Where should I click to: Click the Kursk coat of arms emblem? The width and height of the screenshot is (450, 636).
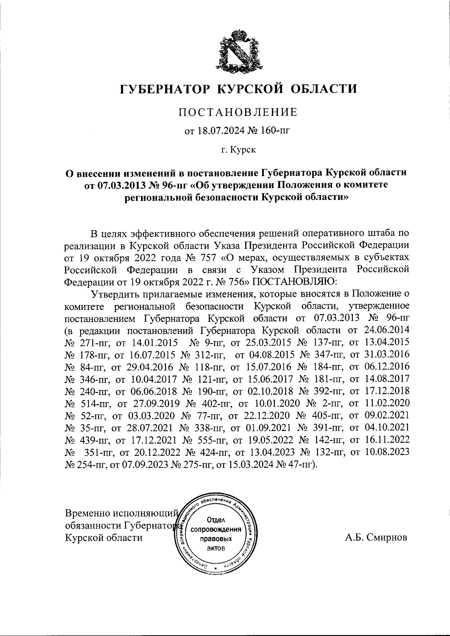[239, 49]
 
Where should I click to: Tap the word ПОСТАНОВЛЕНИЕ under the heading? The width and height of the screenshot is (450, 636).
[238, 112]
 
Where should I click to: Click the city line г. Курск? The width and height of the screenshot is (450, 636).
[238, 150]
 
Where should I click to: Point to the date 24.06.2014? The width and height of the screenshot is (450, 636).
[386, 330]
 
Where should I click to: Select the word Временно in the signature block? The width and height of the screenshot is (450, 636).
[88, 513]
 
